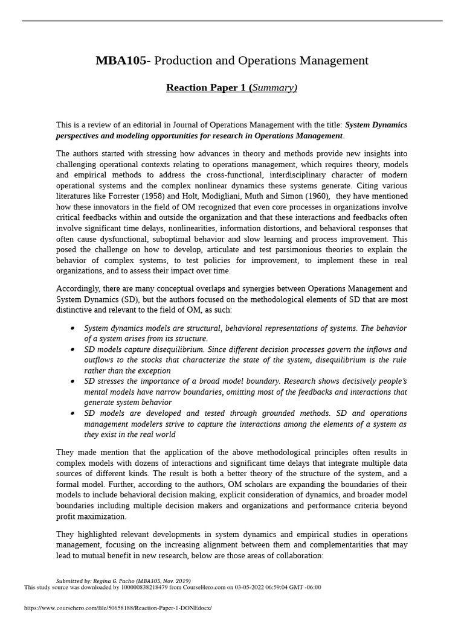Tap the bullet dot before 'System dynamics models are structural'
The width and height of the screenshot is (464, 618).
[x=72, y=328]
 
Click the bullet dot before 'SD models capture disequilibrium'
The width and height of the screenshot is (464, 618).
[x=72, y=349]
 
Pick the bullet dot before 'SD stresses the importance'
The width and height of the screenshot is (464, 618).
[x=72, y=381]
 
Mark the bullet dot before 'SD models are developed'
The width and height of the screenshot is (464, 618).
[x=72, y=413]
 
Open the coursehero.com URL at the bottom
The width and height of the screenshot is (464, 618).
[x=118, y=608]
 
